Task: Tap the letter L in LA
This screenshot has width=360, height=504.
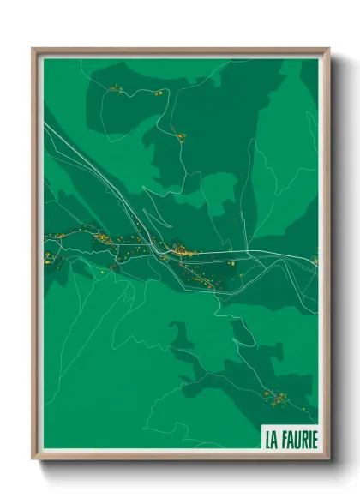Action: [x=268, y=441]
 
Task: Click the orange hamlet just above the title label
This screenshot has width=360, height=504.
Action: [x=276, y=396]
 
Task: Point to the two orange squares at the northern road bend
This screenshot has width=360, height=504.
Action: [x=159, y=93]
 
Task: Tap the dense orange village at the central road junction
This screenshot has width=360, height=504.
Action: [x=181, y=252]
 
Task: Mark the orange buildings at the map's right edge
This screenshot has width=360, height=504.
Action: [x=315, y=259]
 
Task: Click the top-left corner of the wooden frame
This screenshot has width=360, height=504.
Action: [x=33, y=49]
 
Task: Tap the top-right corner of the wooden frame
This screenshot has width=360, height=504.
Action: [x=328, y=49]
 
